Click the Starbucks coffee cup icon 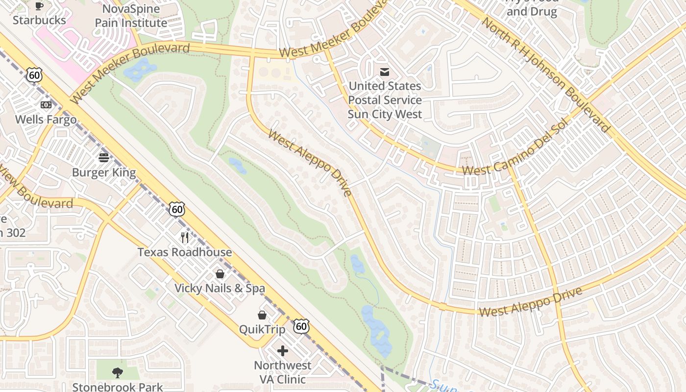[39, 6]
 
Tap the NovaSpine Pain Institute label [131, 16]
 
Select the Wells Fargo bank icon [46, 105]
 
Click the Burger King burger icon [104, 158]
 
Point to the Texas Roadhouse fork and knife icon [185, 238]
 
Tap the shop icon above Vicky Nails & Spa [220, 273]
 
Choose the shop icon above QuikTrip [262, 315]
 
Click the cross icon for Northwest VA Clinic [282, 351]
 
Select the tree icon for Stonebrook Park [118, 373]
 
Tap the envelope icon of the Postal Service [385, 72]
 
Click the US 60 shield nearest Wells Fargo [34, 75]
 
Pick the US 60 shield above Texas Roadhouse [177, 209]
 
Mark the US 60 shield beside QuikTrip [301, 326]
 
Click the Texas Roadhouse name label [185, 252]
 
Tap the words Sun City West [385, 114]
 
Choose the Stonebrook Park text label [118, 387]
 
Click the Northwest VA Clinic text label [282, 372]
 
